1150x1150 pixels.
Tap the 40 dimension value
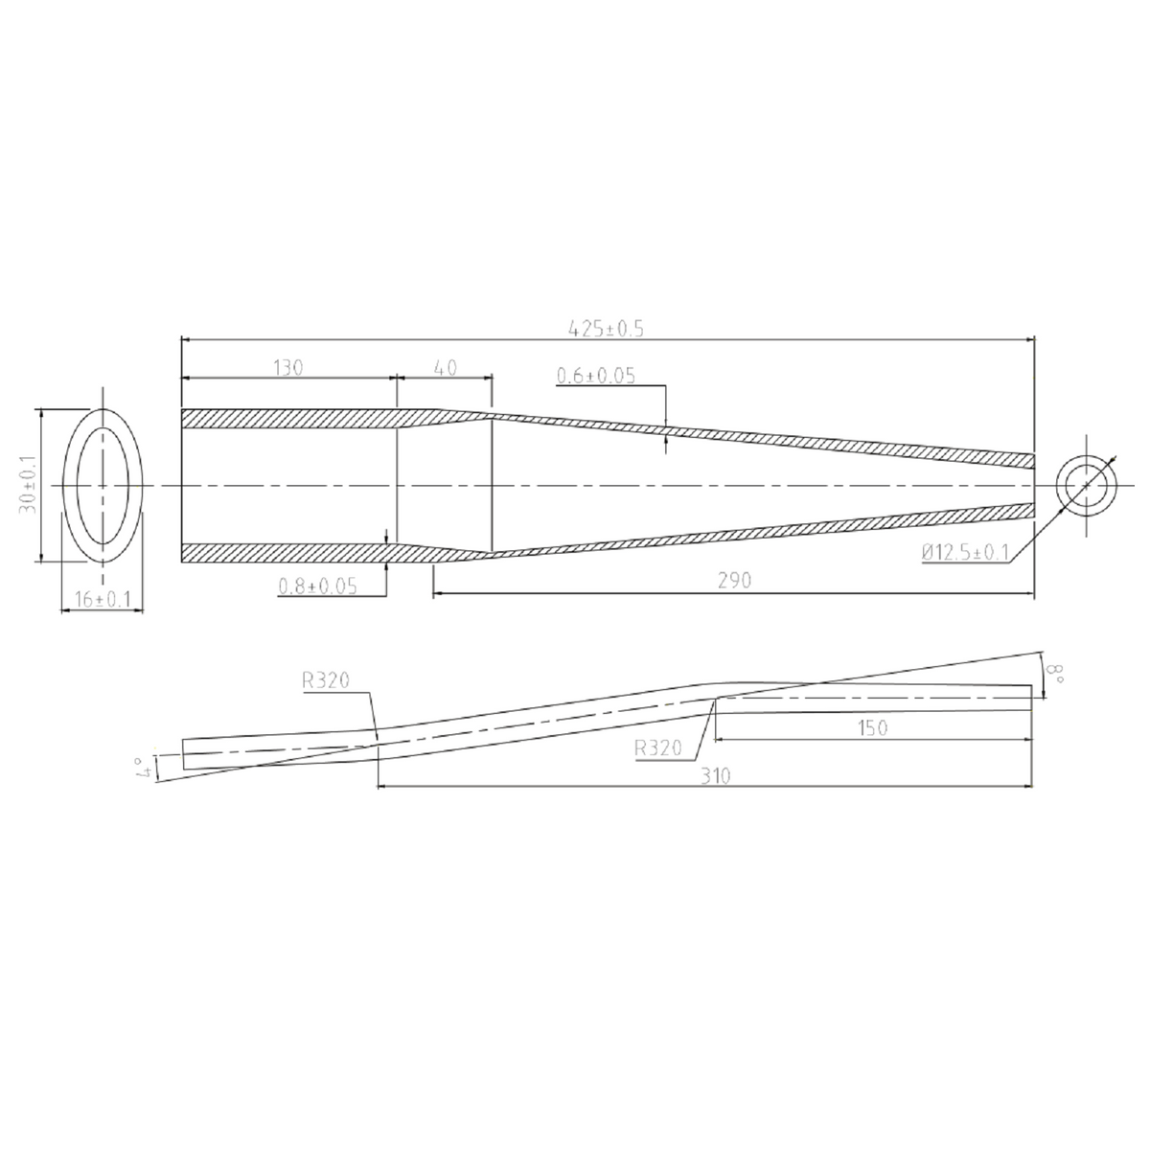pyautogui.click(x=445, y=367)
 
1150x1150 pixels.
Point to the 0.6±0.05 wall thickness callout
pyautogui.click(x=596, y=377)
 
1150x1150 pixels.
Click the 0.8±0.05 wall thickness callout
pyautogui.click(x=317, y=586)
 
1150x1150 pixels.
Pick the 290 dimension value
pyautogui.click(x=734, y=581)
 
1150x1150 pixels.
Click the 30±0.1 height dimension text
pyautogui.click(x=28, y=486)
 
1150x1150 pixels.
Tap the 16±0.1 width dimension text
pyautogui.click(x=95, y=600)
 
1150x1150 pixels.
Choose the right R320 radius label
pyautogui.click(x=659, y=748)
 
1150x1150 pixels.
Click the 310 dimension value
pyautogui.click(x=714, y=776)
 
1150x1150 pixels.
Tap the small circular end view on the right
pyautogui.click(x=1087, y=486)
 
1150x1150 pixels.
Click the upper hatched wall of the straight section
pyautogui.click(x=287, y=419)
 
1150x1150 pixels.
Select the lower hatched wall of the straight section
pyautogui.click(x=287, y=553)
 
